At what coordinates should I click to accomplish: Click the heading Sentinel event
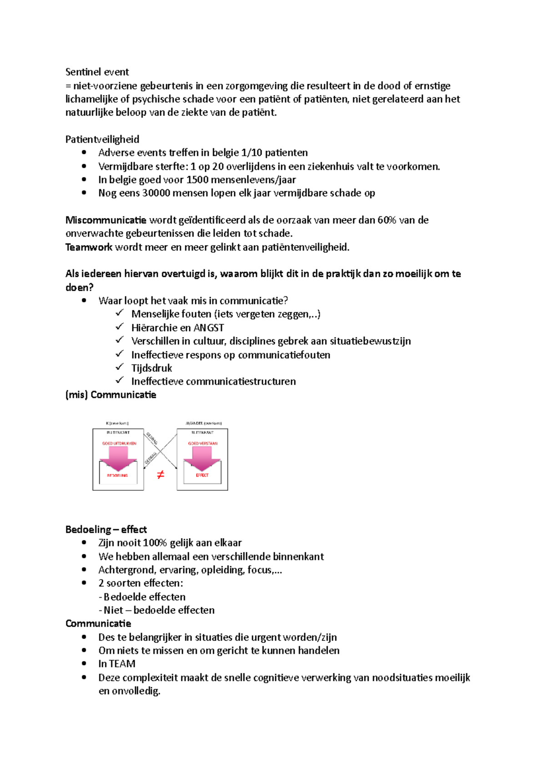97,72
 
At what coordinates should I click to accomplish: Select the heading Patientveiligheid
102,139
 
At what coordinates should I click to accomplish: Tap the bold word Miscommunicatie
106,220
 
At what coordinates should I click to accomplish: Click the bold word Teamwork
89,247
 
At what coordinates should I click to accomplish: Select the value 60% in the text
387,220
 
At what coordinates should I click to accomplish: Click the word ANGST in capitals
208,328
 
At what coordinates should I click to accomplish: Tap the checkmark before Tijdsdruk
120,367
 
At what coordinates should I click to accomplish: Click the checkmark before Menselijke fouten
120,313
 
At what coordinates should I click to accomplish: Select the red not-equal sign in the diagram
160,475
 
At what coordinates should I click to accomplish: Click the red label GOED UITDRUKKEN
119,443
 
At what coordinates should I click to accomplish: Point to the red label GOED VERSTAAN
202,443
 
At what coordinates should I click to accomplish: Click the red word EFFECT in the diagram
202,475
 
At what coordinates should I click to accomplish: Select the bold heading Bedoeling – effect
106,529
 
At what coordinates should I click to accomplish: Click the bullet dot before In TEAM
84,663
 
